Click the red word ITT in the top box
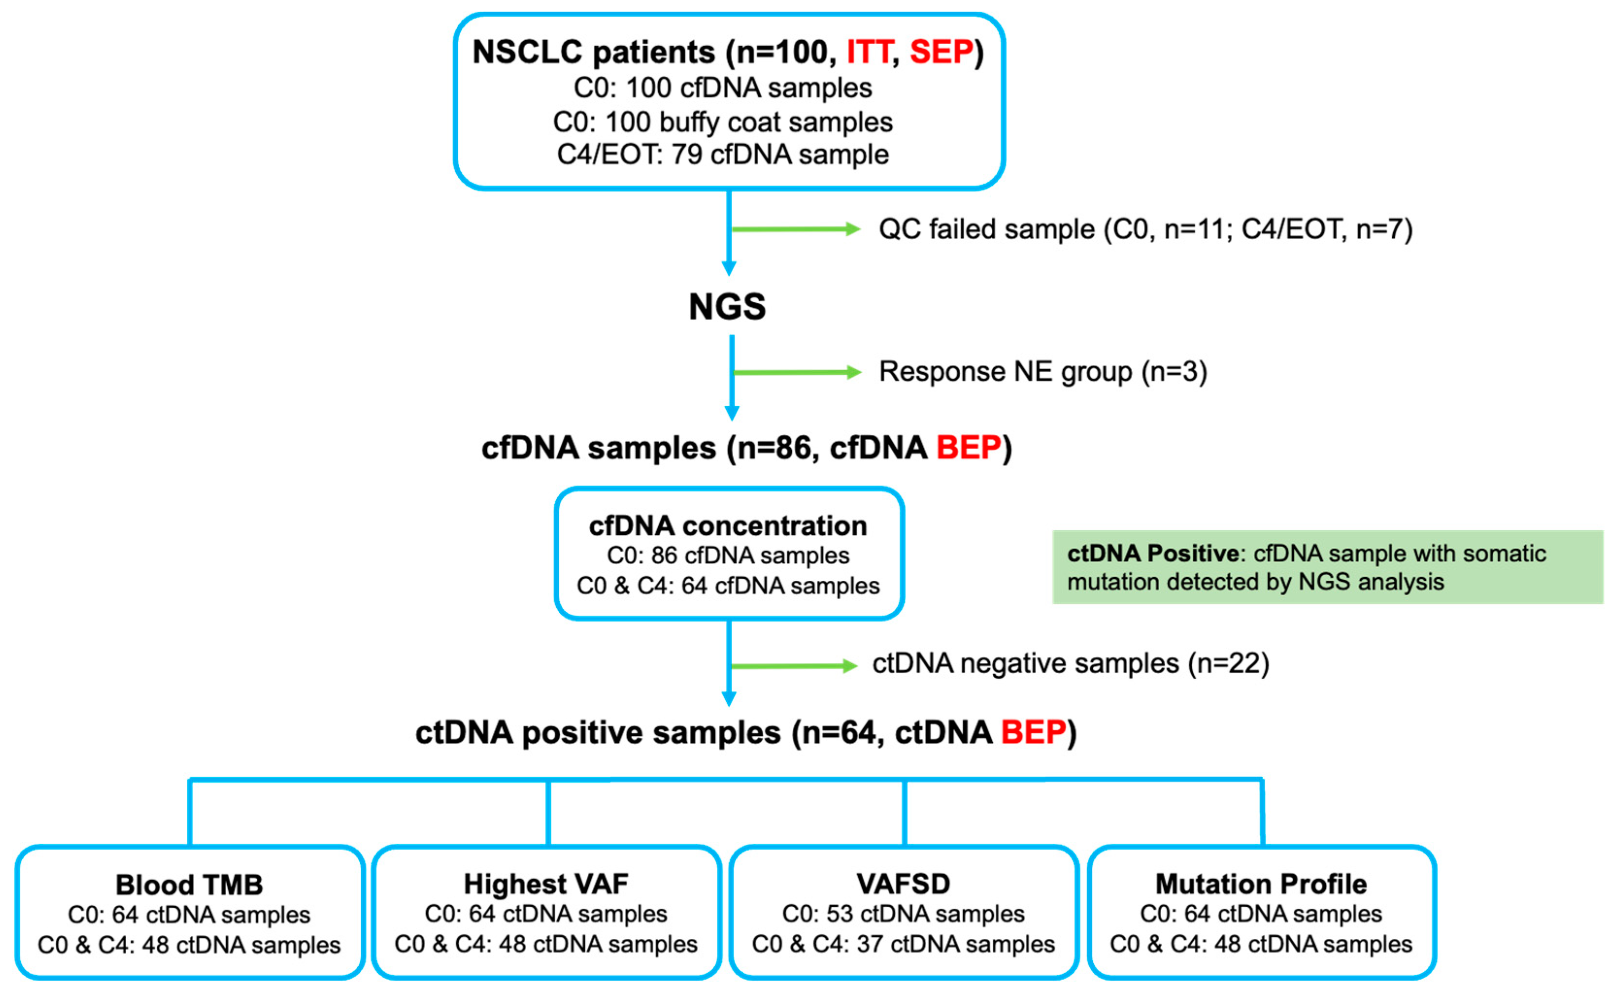point(868,52)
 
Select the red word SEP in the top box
point(941,52)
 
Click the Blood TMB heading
point(189,885)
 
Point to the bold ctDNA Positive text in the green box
point(1153,553)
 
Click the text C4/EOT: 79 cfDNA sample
point(723,155)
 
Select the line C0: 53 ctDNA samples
point(903,914)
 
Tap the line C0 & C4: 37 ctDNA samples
point(903,944)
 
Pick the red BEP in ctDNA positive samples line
point(1033,733)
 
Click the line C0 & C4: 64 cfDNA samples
point(728,586)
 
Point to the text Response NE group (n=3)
point(1043,372)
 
